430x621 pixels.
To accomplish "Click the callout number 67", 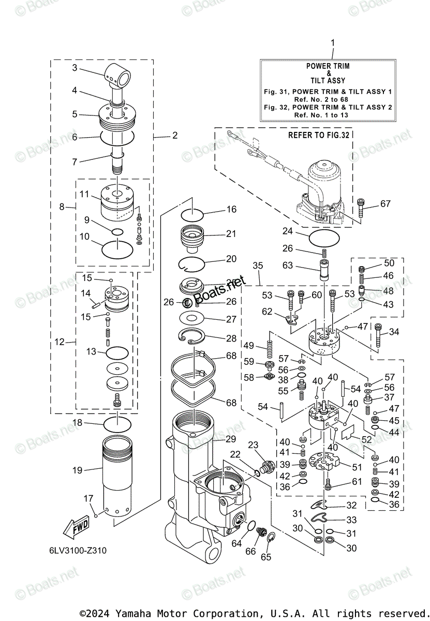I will [385, 204].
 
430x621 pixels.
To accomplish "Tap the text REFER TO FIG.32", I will [319, 135].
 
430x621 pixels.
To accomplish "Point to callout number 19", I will [78, 470].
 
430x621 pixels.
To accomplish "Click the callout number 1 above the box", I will [333, 42].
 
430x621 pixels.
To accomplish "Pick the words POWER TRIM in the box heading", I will [328, 66].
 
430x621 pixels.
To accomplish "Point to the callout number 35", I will [258, 265].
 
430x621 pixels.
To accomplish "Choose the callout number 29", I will [231, 439].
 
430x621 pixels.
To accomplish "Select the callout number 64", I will [236, 543].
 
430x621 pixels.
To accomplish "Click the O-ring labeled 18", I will [118, 425].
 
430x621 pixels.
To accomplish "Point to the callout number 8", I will [62, 206].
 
